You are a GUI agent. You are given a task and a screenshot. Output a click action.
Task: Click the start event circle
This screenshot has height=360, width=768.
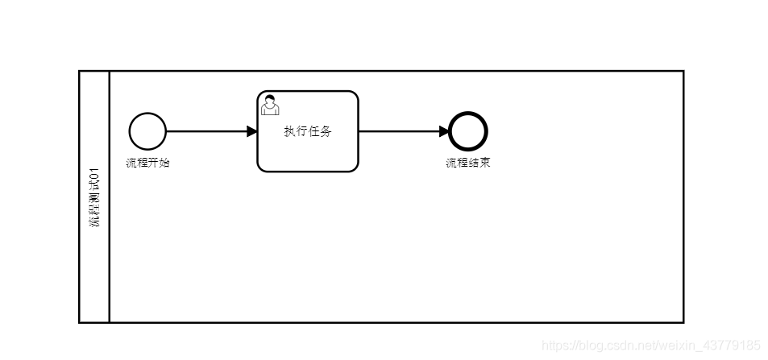147,131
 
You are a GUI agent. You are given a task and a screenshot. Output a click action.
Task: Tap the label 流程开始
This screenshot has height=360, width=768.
147,163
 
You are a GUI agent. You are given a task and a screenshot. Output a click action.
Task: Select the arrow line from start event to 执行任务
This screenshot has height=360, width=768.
205,131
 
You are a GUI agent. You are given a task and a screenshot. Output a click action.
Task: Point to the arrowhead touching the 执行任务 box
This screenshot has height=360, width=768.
251,131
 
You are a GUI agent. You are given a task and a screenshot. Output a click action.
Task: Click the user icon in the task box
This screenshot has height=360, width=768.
270,105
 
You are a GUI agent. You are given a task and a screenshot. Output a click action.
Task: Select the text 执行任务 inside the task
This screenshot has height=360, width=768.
307,132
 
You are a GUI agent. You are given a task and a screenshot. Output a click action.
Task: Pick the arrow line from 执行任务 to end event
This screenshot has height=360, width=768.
399,131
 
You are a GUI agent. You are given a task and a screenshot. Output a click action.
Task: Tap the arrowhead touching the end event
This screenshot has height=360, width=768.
444,131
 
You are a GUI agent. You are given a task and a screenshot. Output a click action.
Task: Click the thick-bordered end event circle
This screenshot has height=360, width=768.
468,131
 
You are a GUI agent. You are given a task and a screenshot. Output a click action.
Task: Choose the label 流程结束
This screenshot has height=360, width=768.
468,163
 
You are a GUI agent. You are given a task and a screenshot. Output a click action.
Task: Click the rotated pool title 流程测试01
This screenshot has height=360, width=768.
94,197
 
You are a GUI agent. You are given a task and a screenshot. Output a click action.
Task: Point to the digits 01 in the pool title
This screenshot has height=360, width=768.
94,173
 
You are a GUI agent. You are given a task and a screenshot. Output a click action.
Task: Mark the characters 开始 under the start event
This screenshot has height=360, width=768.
159,163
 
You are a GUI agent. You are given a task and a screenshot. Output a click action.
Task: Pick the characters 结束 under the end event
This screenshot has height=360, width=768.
479,163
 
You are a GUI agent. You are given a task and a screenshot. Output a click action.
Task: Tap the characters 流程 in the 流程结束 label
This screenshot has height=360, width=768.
457,163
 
